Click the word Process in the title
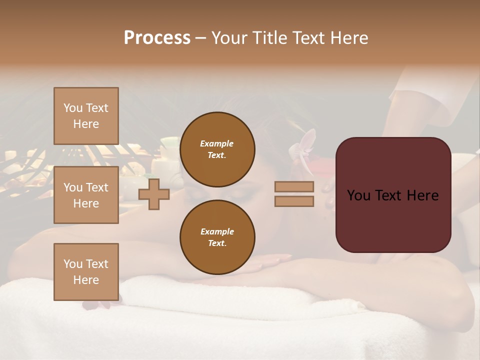click(157, 38)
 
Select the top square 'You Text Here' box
click(86, 116)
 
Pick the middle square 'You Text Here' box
click(86, 195)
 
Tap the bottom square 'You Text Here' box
click(86, 272)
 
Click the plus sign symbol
click(154, 194)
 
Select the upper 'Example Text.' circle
click(217, 149)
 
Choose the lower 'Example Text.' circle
click(217, 237)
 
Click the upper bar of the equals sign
click(294, 187)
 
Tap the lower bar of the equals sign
click(294, 201)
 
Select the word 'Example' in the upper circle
click(217, 143)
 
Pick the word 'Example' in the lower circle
click(217, 231)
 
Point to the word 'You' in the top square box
click(73, 108)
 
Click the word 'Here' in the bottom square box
click(86, 280)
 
